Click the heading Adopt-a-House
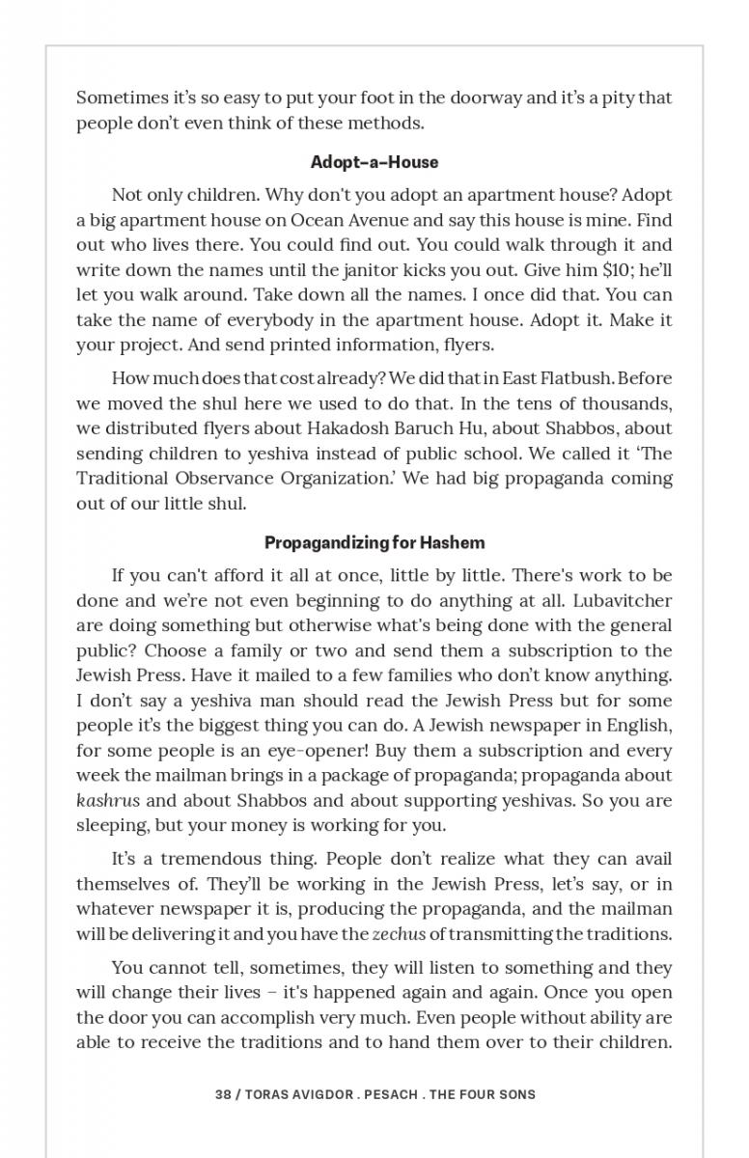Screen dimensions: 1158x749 [x=374, y=162]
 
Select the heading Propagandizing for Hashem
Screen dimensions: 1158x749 [x=374, y=542]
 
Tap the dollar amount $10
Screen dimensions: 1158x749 [x=571, y=270]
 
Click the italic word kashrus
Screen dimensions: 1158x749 [x=108, y=801]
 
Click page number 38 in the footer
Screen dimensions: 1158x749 [x=223, y=1095]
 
